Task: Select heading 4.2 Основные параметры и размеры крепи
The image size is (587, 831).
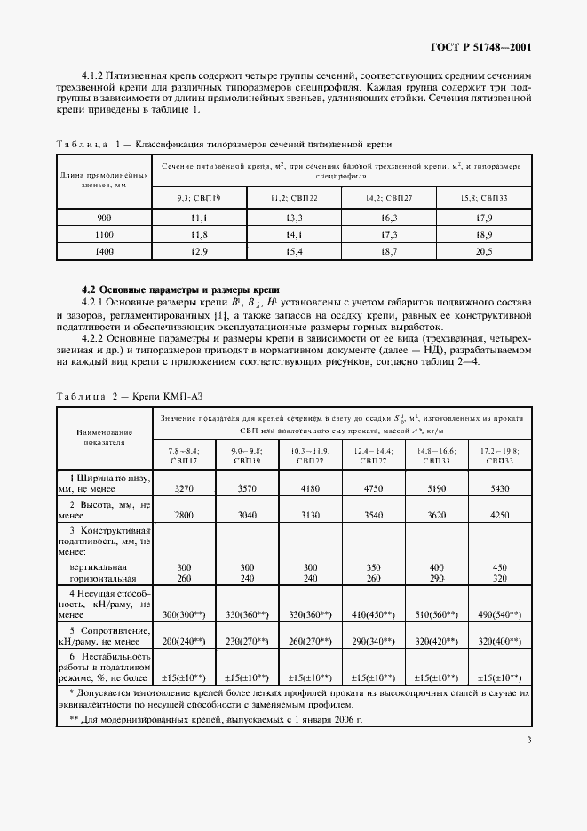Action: [x=180, y=289]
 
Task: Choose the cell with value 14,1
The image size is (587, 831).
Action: [x=294, y=235]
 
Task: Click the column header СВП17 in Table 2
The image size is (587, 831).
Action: [x=185, y=461]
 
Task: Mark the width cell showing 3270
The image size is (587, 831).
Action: [x=185, y=487]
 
